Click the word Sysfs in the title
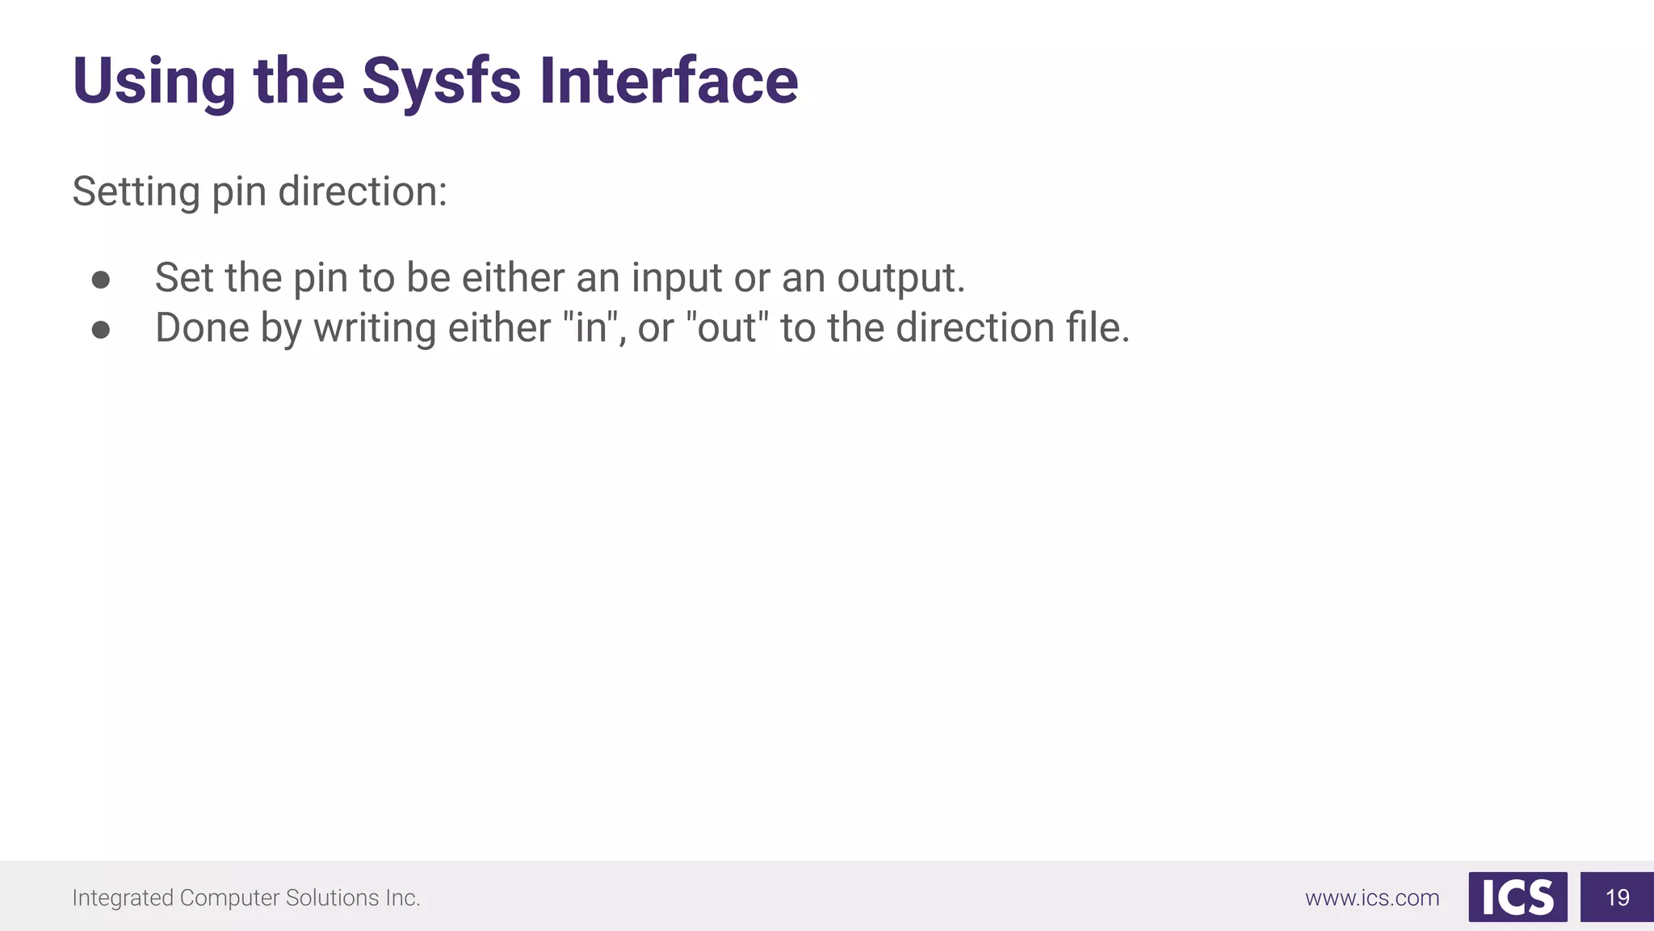(441, 82)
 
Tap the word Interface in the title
(669, 82)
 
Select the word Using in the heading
(154, 82)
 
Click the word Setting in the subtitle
(136, 192)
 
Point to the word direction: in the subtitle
(363, 192)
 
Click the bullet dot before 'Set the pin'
(101, 280)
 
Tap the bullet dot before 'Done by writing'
(101, 330)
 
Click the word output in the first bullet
(900, 279)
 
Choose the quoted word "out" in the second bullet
(727, 328)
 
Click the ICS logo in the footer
(1518, 897)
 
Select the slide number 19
(1617, 897)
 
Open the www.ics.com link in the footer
(1372, 898)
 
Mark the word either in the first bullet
(513, 278)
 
